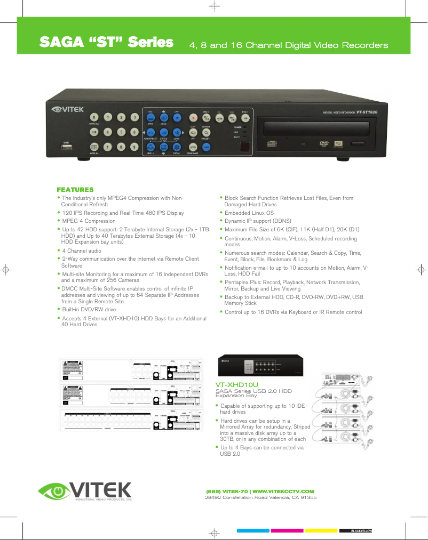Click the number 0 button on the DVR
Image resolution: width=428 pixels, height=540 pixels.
pos(94,117)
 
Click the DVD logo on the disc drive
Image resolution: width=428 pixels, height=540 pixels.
pos(323,143)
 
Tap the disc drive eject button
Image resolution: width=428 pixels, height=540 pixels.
pos(357,143)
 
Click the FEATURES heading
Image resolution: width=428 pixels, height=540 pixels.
pos(75,190)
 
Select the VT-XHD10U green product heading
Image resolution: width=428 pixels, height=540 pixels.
pos(237,384)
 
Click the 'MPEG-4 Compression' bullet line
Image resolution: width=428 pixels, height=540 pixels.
pos(89,221)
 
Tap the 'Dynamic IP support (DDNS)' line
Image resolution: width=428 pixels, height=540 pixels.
pos(257,220)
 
